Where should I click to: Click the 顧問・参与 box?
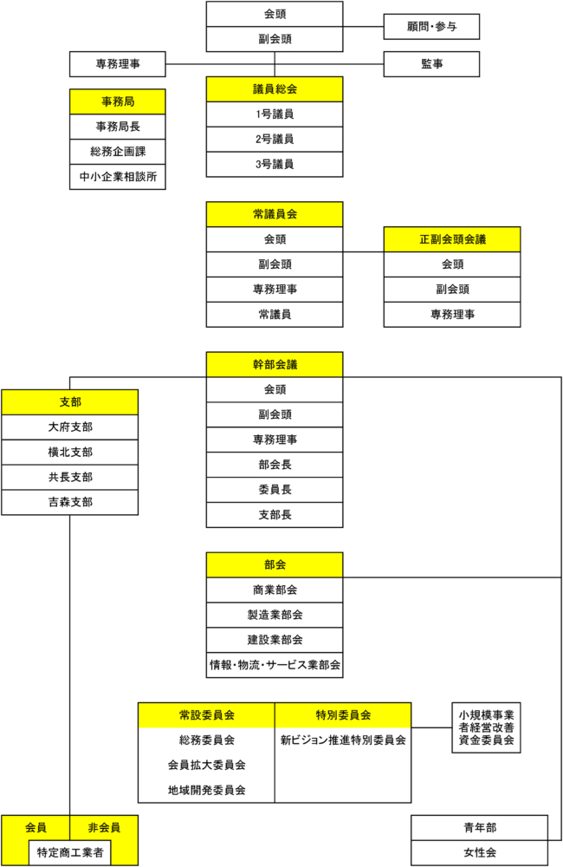pyautogui.click(x=431, y=27)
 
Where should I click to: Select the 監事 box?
pyautogui.click(x=431, y=64)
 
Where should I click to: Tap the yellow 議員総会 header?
pyautogui.click(x=275, y=89)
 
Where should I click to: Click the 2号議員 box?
pyautogui.click(x=275, y=140)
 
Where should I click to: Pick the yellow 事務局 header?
pyautogui.click(x=118, y=101)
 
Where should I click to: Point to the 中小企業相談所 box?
pyautogui.click(x=118, y=177)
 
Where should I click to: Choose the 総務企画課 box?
pyautogui.click(x=118, y=152)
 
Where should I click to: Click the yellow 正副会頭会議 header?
pyautogui.click(x=452, y=239)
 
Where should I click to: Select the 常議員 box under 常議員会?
pyautogui.click(x=275, y=315)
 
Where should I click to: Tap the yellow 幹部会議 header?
pyautogui.click(x=275, y=364)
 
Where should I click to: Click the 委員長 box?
pyautogui.click(x=275, y=490)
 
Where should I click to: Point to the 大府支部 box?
pyautogui.click(x=69, y=427)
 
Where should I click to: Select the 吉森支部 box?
pyautogui.click(x=69, y=503)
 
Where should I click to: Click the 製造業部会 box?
pyautogui.click(x=275, y=615)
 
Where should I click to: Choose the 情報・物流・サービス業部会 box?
pyautogui.click(x=275, y=665)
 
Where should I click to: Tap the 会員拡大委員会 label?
pyautogui.click(x=207, y=766)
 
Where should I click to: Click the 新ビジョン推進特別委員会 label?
pyautogui.click(x=343, y=740)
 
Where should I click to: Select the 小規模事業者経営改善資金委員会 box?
pyautogui.click(x=486, y=727)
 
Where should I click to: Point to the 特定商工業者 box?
pyautogui.click(x=69, y=852)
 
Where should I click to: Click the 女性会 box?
pyautogui.click(x=480, y=853)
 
